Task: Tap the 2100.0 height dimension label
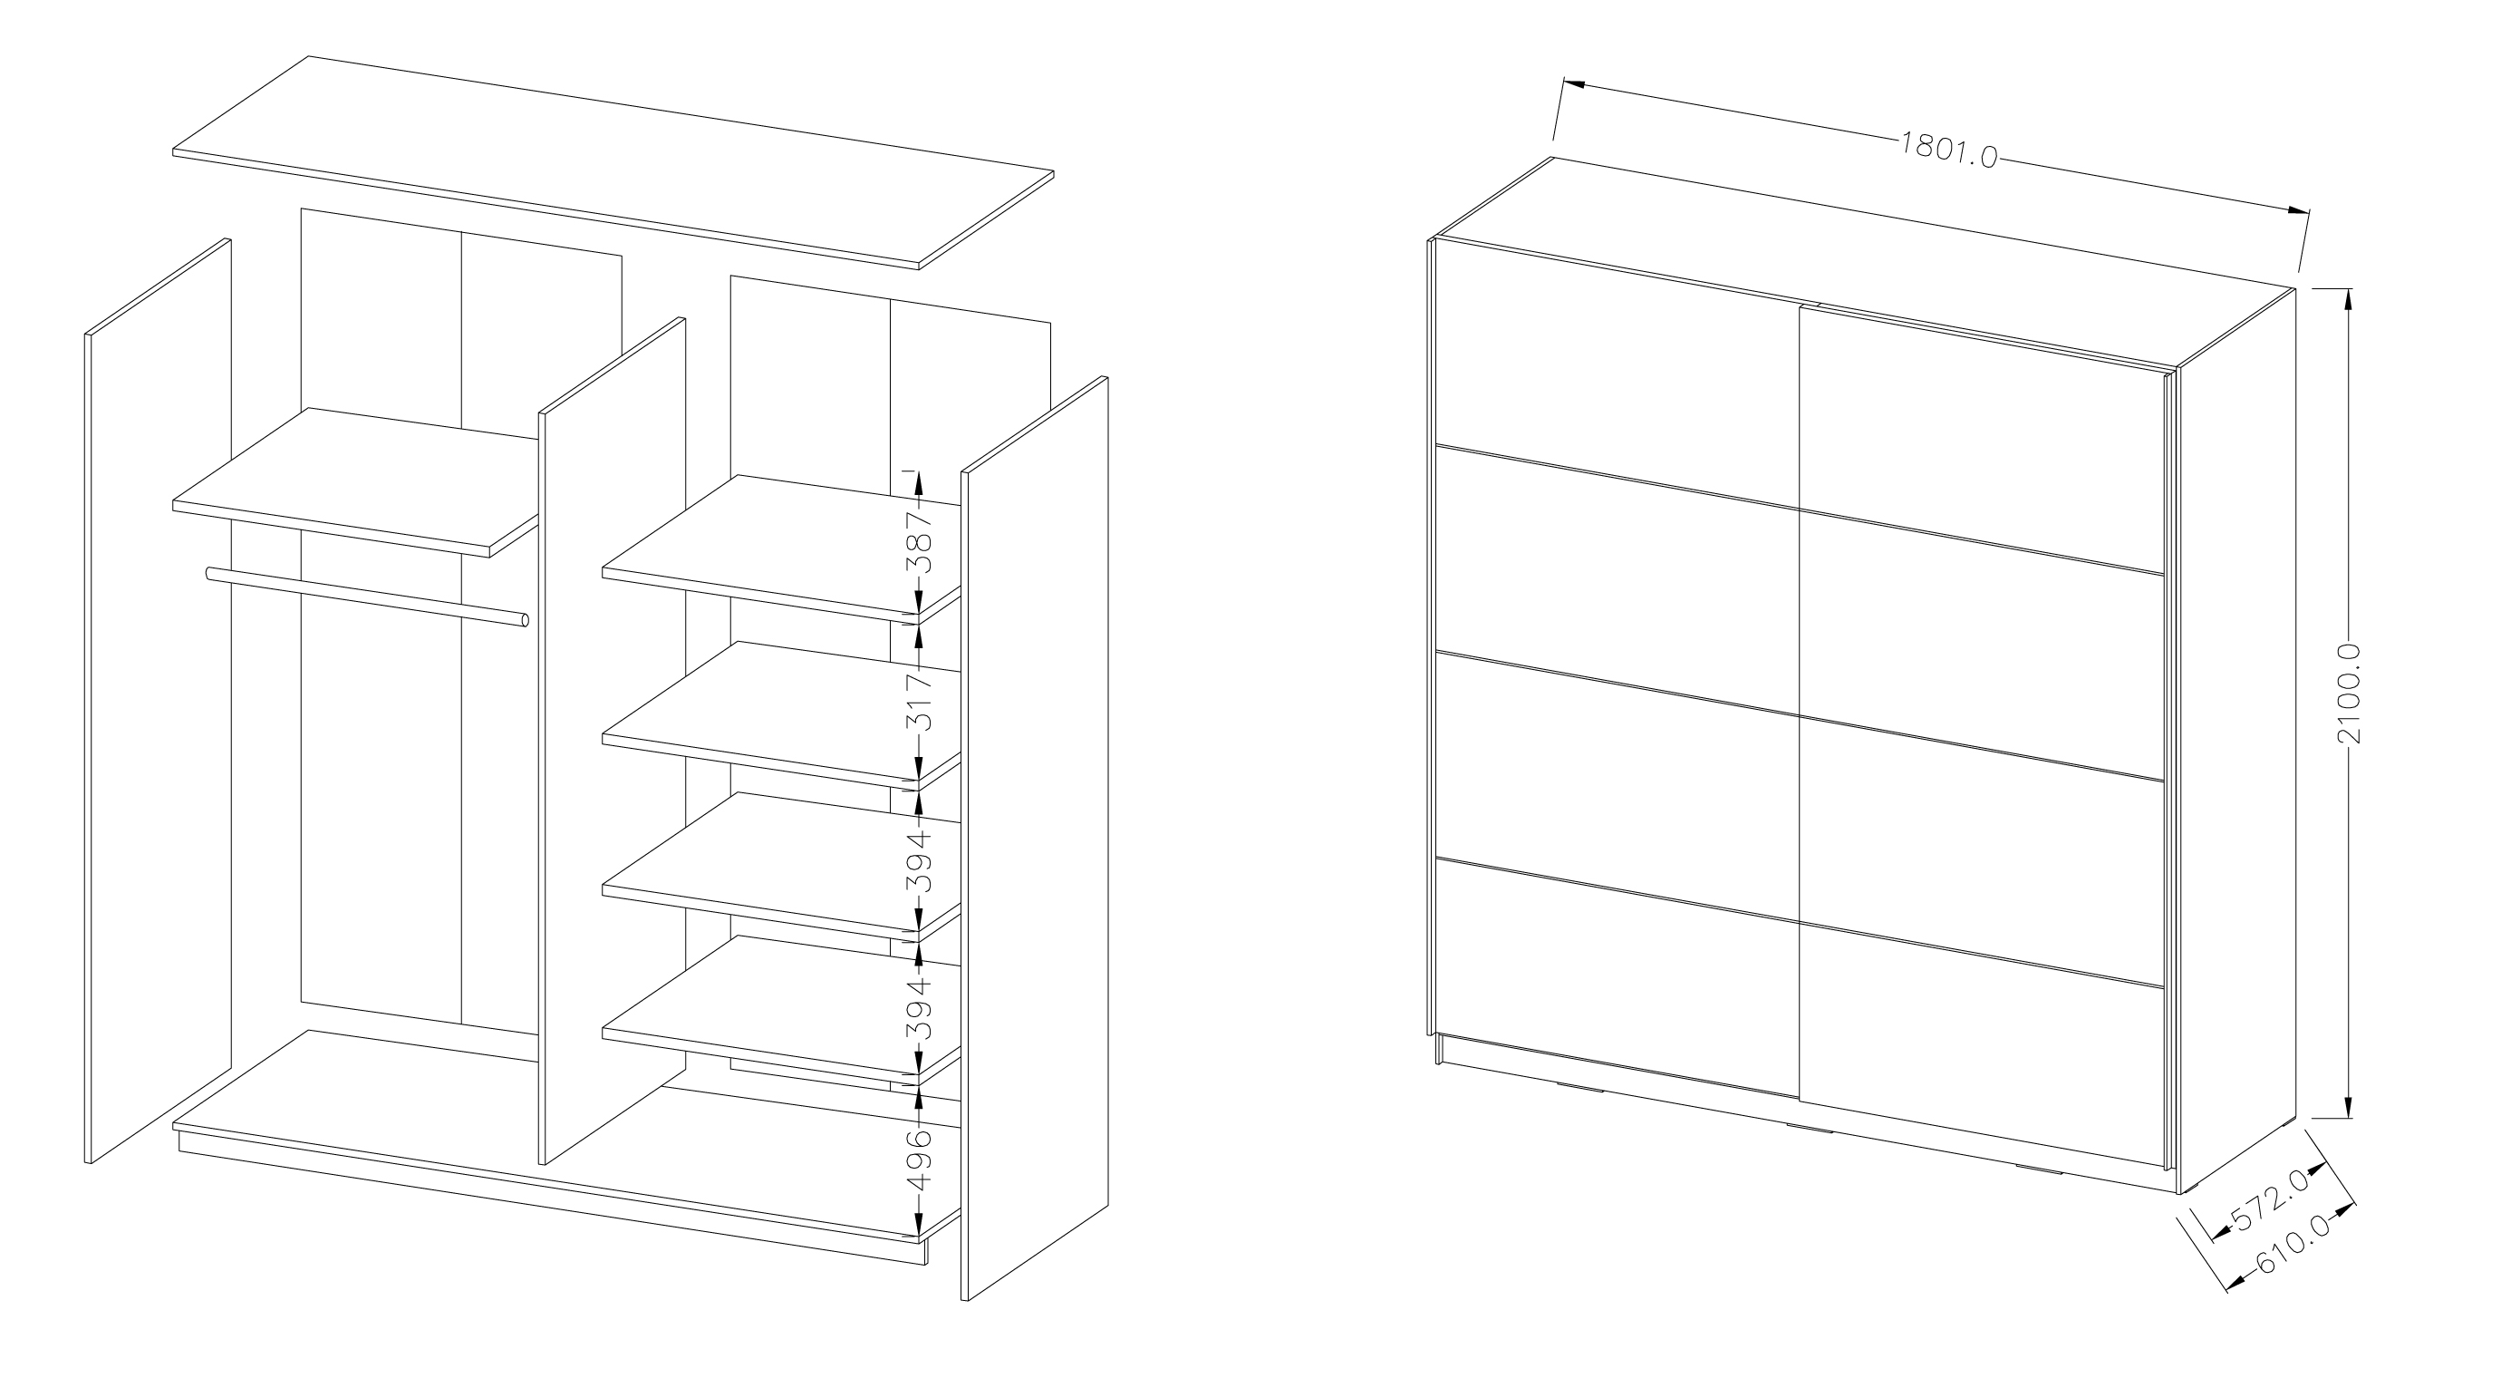click(x=2348, y=694)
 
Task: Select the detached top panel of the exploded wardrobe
click(x=613, y=162)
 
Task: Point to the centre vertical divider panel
click(x=612, y=740)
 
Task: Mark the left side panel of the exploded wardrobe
click(x=159, y=700)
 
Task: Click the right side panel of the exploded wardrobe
click(x=1035, y=837)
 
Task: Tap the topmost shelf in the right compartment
click(x=781, y=549)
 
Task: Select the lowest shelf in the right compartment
click(x=781, y=1010)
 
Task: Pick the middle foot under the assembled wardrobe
click(x=1809, y=1129)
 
